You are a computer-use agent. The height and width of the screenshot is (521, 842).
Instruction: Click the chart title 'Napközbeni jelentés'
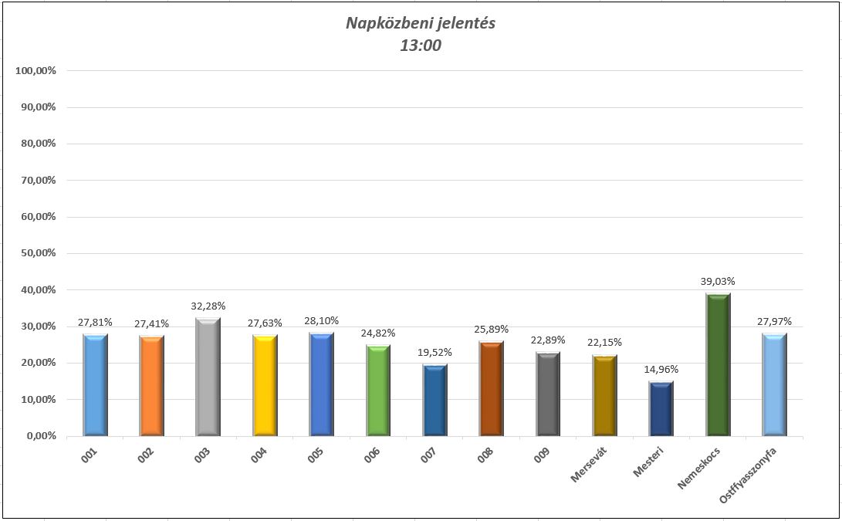[420, 23]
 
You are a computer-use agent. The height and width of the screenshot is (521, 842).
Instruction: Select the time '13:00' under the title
[420, 46]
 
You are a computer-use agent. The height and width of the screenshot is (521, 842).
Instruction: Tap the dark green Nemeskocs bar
[719, 365]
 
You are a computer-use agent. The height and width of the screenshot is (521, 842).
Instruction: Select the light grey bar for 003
[208, 377]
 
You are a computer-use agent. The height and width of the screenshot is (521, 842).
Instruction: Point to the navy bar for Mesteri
[661, 408]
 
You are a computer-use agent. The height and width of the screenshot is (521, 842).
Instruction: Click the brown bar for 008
[492, 388]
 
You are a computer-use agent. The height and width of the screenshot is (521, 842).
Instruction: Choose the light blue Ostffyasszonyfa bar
[775, 384]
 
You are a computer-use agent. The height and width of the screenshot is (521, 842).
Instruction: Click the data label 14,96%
[661, 369]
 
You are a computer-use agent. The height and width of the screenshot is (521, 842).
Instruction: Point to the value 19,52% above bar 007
[435, 353]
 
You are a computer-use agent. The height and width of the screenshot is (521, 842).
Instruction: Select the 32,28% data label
[208, 306]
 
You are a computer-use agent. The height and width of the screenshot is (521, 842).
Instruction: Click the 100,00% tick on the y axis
[36, 71]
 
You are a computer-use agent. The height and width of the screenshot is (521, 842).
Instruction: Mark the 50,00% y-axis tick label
[37, 253]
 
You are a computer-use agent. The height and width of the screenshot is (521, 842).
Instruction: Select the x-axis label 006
[372, 456]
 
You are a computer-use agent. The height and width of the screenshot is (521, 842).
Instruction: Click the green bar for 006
[378, 391]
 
